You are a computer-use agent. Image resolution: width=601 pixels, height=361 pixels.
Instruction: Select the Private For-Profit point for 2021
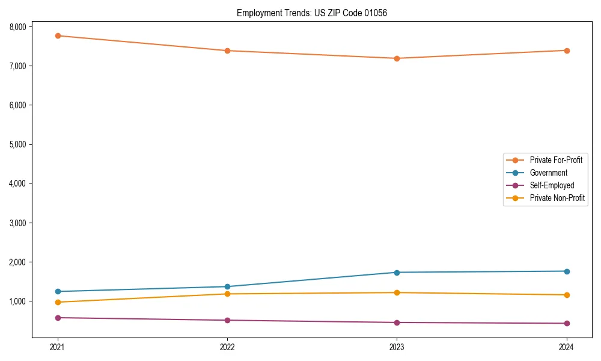58,35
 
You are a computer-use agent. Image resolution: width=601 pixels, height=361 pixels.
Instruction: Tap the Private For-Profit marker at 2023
397,58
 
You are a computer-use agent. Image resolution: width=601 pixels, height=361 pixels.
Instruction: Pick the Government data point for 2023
397,273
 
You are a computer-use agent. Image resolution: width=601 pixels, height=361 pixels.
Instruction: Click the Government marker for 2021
58,291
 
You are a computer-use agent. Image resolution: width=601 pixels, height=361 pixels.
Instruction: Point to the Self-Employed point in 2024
566,323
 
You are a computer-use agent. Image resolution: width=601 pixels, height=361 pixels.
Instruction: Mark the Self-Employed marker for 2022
227,320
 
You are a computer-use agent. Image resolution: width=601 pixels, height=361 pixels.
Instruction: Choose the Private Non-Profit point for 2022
227,294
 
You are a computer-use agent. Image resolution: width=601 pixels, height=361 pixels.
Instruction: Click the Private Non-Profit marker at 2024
566,295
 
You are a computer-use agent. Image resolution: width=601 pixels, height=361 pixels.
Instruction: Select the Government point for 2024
566,271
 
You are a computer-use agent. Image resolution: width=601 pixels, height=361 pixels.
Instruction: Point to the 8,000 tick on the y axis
17,27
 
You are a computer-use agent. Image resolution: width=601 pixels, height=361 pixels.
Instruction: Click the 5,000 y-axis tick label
17,144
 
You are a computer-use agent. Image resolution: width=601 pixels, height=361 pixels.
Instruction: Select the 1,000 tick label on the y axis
17,301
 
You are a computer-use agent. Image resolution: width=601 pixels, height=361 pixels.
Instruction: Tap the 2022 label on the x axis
227,347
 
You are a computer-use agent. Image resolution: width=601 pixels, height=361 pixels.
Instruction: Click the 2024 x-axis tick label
566,347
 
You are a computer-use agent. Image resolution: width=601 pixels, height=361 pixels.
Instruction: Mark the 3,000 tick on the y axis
17,223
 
